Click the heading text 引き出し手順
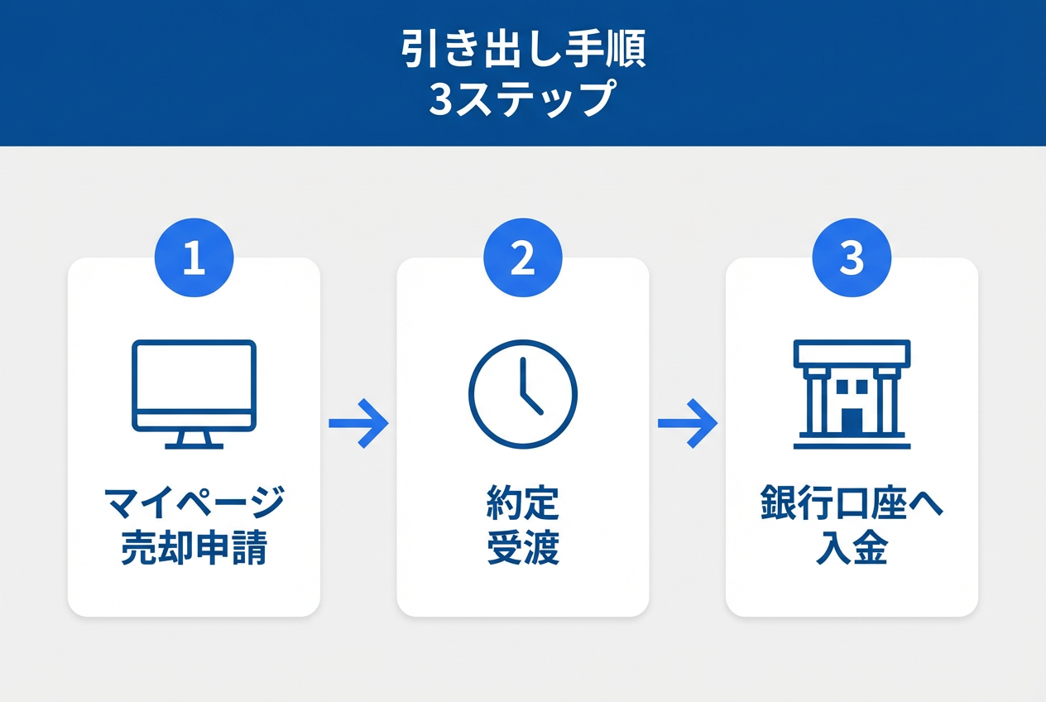[x=523, y=49]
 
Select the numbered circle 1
[x=194, y=257]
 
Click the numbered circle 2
[x=523, y=257]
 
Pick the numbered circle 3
[x=852, y=257]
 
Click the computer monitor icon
[x=194, y=394]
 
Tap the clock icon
[x=523, y=394]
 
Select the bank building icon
[x=852, y=394]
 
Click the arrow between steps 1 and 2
[x=358, y=423]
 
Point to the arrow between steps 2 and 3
[x=688, y=423]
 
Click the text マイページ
[x=194, y=503]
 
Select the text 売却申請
[x=194, y=547]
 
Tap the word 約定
[x=523, y=503]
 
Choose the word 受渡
[x=523, y=547]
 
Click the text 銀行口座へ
[x=852, y=503]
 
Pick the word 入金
[x=852, y=547]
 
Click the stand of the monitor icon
[x=194, y=440]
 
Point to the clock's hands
[x=531, y=387]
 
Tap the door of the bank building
[x=852, y=421]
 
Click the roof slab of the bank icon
[x=852, y=353]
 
